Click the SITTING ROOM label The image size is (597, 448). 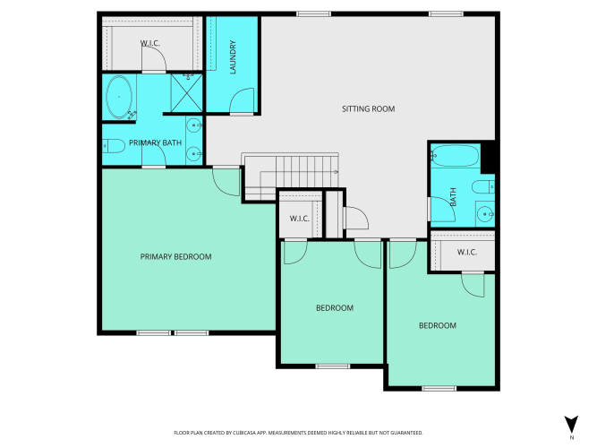click(368, 109)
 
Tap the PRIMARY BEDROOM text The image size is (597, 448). click(176, 256)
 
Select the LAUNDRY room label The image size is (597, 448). click(233, 57)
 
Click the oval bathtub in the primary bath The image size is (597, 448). click(119, 97)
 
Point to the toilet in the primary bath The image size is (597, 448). click(114, 146)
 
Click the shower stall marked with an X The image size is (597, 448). click(186, 93)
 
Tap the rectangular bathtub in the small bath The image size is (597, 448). click(456, 156)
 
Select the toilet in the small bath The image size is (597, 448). click(483, 187)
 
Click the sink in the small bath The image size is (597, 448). click(485, 214)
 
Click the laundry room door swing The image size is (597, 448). click(242, 101)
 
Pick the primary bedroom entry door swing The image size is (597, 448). click(226, 182)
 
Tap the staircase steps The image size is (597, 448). click(291, 177)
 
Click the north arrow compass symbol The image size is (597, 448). click(571, 425)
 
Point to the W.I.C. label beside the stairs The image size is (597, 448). click(299, 219)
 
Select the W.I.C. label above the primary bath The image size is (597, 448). click(150, 43)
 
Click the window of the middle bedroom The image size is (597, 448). click(332, 366)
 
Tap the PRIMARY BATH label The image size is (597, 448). click(156, 142)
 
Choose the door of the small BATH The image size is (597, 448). click(441, 209)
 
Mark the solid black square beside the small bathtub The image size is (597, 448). click(488, 157)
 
